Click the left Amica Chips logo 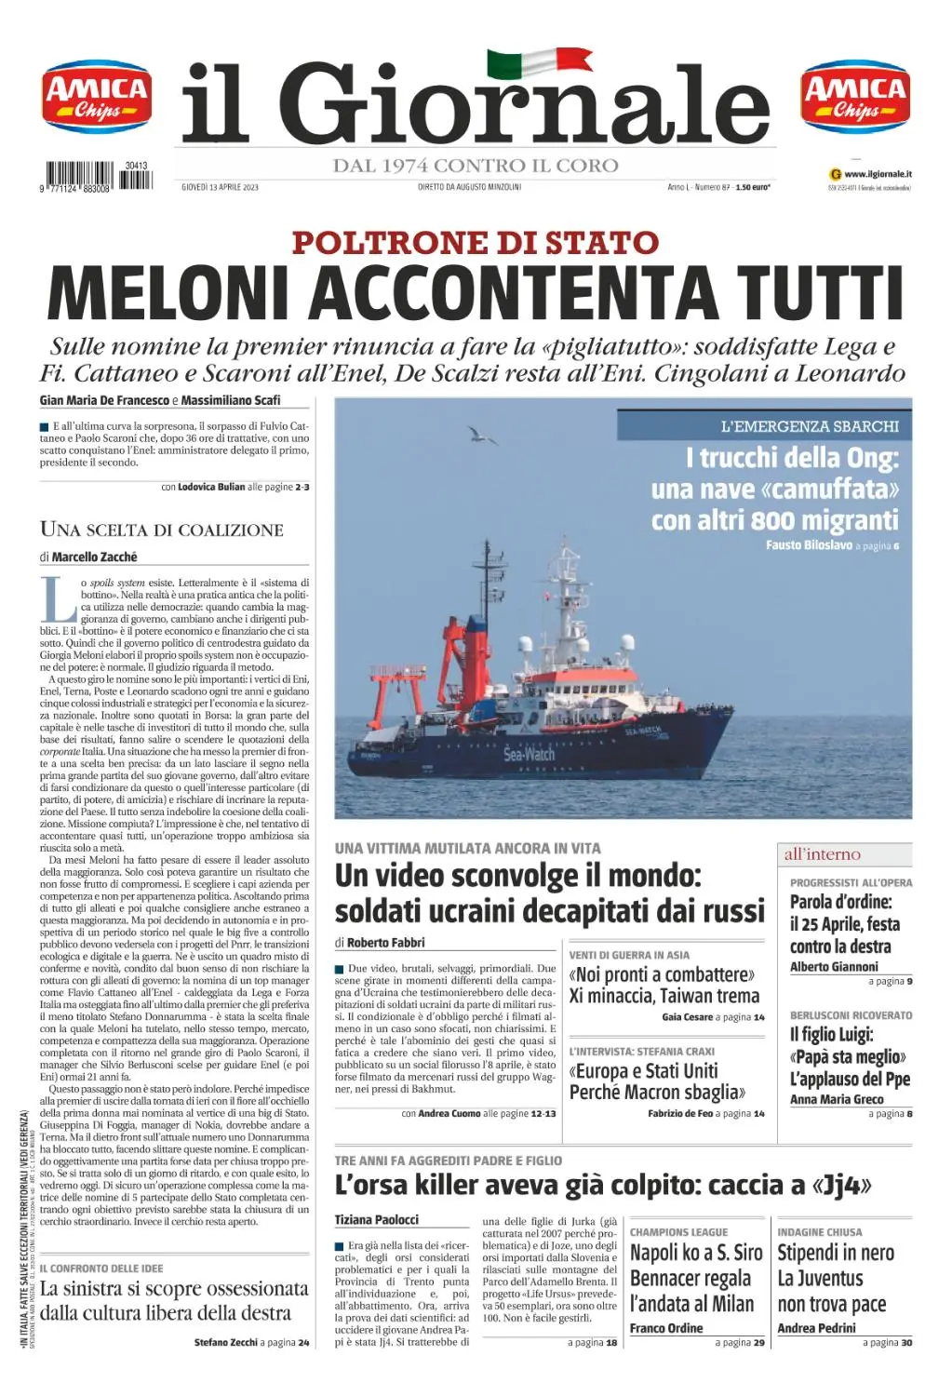[x=97, y=97]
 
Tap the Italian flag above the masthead [x=539, y=62]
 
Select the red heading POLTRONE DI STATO [x=476, y=243]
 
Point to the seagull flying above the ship [x=480, y=435]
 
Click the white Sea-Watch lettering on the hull [x=529, y=754]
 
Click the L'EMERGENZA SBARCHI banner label [x=810, y=426]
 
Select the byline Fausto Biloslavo [x=809, y=545]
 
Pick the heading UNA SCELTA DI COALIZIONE [x=162, y=530]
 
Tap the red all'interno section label [x=822, y=854]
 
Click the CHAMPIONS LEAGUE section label [x=678, y=1232]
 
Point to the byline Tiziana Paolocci [x=377, y=1219]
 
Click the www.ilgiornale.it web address [x=878, y=174]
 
